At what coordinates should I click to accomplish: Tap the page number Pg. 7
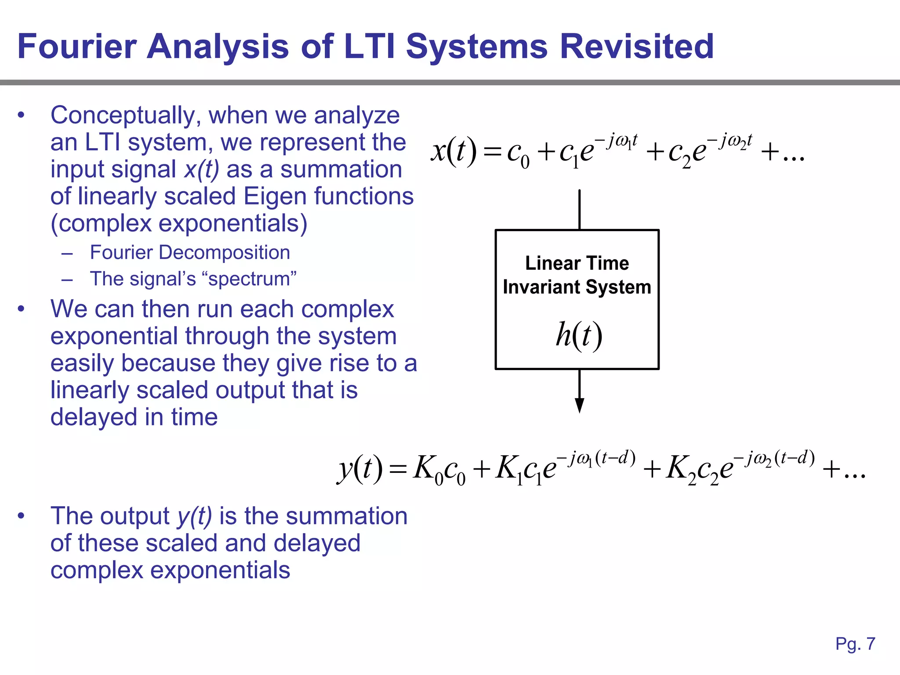pos(855,644)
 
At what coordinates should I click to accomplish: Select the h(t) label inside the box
pos(578,335)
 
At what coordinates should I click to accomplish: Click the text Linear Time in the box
pos(577,263)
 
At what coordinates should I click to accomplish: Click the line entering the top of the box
pos(579,210)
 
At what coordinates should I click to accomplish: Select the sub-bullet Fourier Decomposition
pos(190,253)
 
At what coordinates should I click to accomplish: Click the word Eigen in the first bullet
pos(274,196)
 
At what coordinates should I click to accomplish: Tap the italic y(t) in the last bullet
pos(194,516)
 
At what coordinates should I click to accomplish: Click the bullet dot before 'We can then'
pos(21,309)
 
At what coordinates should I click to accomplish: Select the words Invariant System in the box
pos(577,287)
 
